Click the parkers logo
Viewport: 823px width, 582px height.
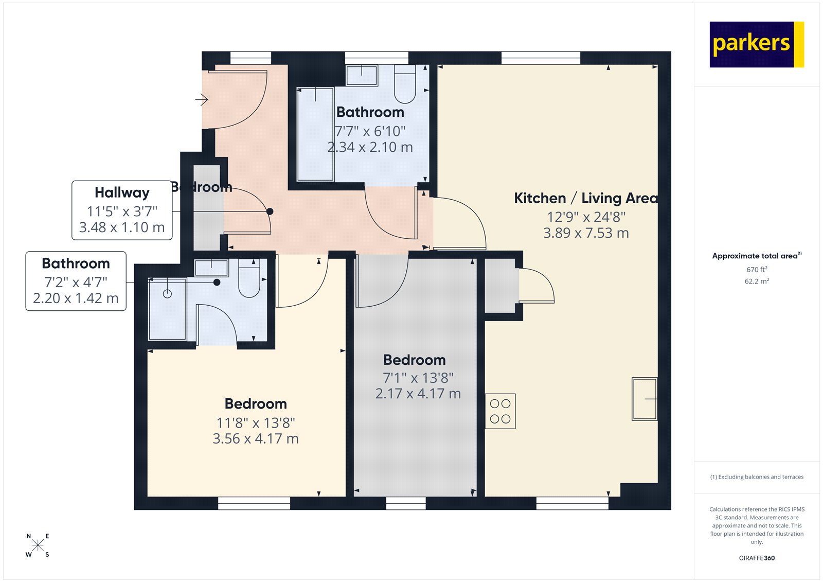(x=756, y=44)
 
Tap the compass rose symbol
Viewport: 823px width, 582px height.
(x=38, y=545)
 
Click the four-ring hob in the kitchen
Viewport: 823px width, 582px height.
(x=500, y=412)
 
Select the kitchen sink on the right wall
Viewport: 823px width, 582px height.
(x=645, y=399)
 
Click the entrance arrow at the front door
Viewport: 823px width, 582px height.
(x=202, y=99)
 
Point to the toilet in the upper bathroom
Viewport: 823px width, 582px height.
(x=405, y=85)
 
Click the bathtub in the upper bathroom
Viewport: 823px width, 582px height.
(x=315, y=134)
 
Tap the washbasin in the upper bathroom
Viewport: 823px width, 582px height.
(x=362, y=75)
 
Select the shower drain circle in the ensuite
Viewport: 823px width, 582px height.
(x=167, y=294)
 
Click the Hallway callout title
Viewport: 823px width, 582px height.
(x=122, y=192)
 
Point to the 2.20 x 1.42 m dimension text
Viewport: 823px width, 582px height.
(x=76, y=298)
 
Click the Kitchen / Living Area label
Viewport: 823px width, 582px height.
(x=585, y=198)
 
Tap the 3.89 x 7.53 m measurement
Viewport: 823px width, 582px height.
(x=586, y=233)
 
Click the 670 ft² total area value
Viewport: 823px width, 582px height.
(x=757, y=270)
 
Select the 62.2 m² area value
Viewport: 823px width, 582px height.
(x=757, y=281)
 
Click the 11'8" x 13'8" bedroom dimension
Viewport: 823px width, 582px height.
(x=256, y=423)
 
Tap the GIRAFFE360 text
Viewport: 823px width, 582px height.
(x=757, y=558)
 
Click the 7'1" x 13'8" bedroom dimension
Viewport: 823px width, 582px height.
(x=418, y=378)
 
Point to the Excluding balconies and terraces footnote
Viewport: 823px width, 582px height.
(x=757, y=477)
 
